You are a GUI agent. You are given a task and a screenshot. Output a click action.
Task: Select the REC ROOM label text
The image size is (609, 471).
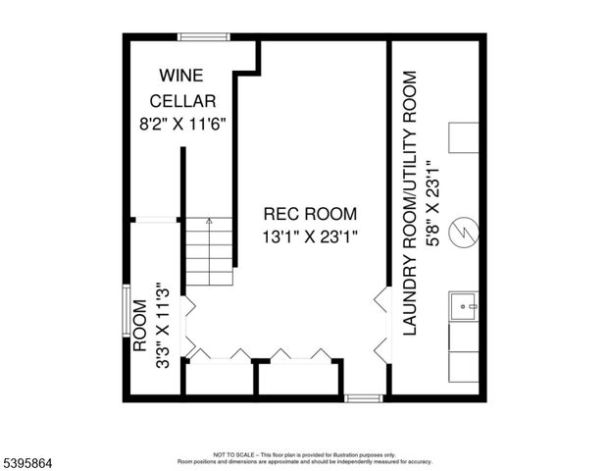(x=311, y=213)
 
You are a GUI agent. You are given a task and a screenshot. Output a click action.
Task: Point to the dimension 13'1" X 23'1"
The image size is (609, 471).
(x=311, y=235)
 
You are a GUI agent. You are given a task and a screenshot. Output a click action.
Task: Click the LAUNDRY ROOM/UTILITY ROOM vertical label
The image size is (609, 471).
(x=411, y=203)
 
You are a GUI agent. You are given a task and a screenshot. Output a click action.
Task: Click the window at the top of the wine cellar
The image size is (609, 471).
(x=204, y=37)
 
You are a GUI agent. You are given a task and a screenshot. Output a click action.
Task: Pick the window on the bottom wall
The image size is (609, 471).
(x=363, y=398)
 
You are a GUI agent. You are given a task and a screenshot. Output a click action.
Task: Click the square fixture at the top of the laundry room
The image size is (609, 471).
(x=463, y=138)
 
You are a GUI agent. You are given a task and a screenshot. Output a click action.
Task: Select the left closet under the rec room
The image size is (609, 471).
(x=219, y=378)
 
